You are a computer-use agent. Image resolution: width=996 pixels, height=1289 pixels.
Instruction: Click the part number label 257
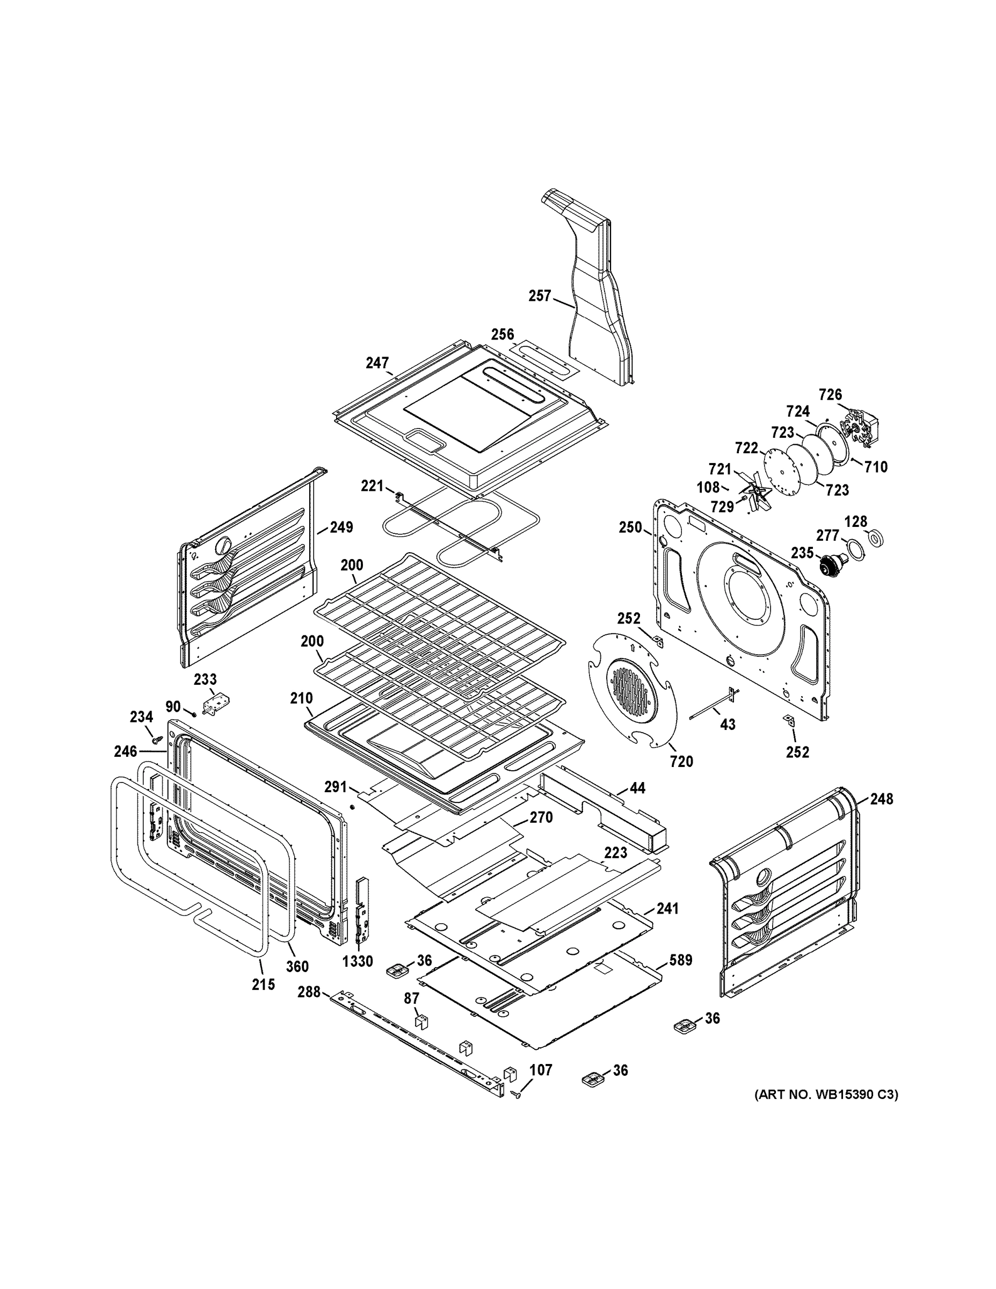[x=539, y=296]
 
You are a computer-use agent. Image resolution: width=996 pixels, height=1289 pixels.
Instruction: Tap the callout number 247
[x=377, y=363]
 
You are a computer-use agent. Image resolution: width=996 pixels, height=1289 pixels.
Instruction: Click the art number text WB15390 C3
[x=826, y=1095]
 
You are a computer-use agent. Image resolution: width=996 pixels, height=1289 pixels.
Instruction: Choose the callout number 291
[x=335, y=787]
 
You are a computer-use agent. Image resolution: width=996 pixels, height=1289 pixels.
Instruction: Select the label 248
[x=881, y=799]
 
